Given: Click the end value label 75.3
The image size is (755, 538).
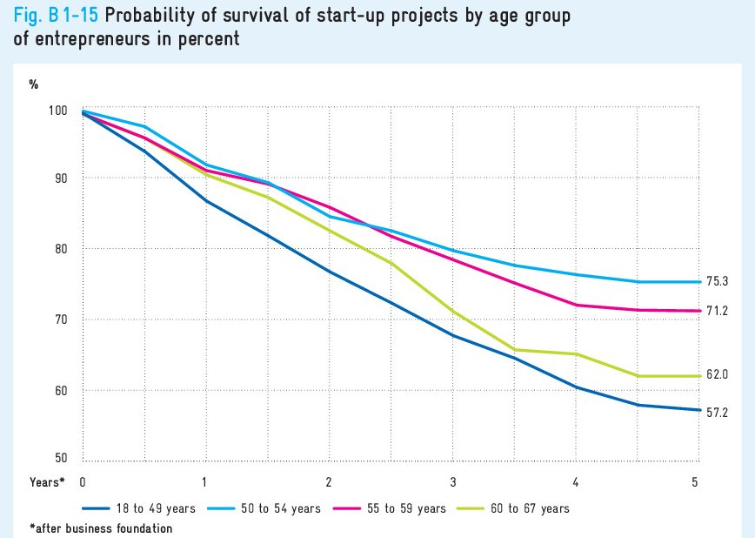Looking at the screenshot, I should click(x=717, y=280).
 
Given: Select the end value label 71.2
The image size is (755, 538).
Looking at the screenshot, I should click(x=717, y=311).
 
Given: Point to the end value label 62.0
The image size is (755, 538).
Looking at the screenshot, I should click(x=717, y=375).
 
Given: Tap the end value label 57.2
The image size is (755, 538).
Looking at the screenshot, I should click(x=717, y=411).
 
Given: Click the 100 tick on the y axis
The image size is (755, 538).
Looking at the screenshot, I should click(x=58, y=111).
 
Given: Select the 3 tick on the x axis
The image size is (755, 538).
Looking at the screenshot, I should click(x=452, y=481).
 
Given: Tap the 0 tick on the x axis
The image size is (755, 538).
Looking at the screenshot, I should click(x=83, y=481).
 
